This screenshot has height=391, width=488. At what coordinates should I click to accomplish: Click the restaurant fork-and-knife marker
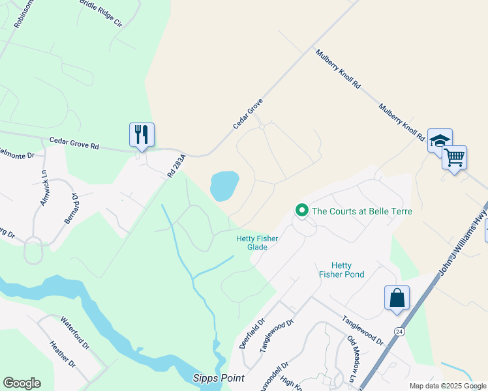[x=142, y=135]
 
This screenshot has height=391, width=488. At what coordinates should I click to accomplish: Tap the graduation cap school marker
[x=440, y=141]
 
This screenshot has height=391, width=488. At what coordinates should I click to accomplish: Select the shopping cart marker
[x=454, y=157]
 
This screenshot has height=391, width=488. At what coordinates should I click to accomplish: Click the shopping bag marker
[x=397, y=298]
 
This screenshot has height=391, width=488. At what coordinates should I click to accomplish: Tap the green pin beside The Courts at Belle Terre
[x=301, y=210]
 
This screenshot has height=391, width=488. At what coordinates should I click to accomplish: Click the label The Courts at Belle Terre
[x=362, y=211]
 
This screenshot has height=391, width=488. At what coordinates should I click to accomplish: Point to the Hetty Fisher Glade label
[x=257, y=243]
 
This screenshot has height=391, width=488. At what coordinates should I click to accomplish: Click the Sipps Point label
[x=218, y=378]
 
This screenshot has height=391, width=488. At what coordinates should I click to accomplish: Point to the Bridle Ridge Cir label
[x=100, y=12]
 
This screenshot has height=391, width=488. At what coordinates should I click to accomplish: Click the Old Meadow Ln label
[x=353, y=357]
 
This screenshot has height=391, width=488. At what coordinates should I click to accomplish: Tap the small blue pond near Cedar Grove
[x=224, y=186]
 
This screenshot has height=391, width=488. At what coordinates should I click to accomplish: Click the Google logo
[x=22, y=383]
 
